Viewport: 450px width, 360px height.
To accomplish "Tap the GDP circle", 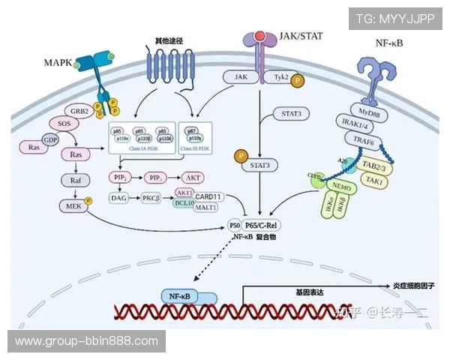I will tap(51, 140).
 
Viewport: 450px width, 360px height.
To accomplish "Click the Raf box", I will tap(76, 181).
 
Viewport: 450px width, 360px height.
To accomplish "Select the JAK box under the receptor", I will tap(241, 76).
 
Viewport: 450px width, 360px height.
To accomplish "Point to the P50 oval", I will tap(235, 223).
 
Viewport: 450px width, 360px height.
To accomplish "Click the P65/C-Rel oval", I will tap(265, 223).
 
